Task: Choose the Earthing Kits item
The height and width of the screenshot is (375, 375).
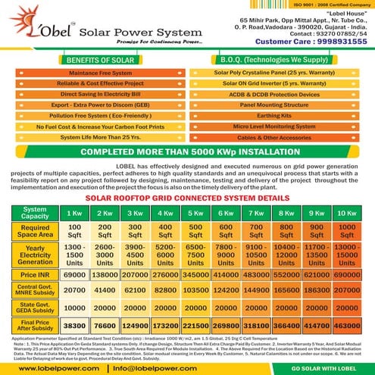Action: coord(281,116)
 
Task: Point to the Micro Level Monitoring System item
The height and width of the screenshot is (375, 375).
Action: coord(281,127)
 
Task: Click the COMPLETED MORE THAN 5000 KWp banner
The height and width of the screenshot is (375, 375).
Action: coord(188,152)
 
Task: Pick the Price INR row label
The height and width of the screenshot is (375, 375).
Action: coord(35,274)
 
